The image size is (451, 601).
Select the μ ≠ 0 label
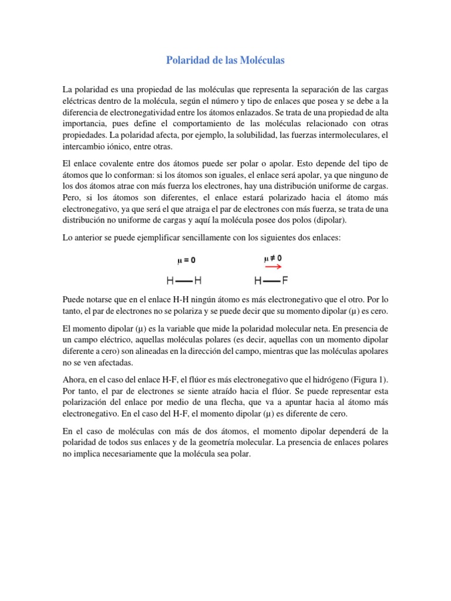pyautogui.click(x=272, y=258)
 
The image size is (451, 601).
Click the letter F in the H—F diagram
pyautogui.click(x=285, y=281)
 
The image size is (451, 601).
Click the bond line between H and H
pyautogui.click(x=184, y=281)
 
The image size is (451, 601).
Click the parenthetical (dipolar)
pyautogui.click(x=329, y=220)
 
